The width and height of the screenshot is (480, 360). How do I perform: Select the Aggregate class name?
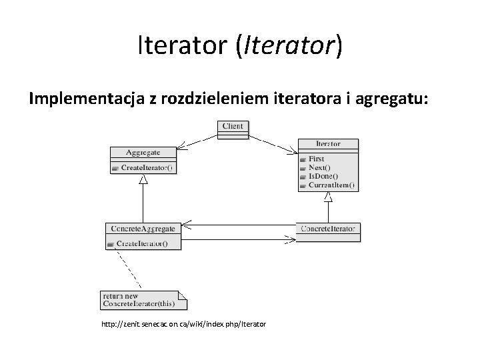click(141, 153)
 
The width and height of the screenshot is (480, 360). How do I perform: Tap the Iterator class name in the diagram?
click(328, 143)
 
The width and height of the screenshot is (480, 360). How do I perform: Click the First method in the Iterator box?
click(317, 159)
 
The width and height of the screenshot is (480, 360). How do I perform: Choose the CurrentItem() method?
click(332, 185)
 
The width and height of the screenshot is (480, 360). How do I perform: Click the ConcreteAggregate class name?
click(141, 228)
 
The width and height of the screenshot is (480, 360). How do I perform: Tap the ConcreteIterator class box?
click(328, 229)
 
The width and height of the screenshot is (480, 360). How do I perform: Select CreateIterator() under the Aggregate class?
click(145, 168)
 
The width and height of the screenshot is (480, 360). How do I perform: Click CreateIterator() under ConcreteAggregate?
click(142, 243)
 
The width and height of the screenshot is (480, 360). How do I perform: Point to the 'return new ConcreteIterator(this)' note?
click(140, 300)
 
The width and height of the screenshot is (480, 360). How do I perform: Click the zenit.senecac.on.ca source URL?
click(183, 324)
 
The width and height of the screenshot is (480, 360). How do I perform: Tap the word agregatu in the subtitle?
click(394, 100)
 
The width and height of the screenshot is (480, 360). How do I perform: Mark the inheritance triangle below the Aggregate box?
click(142, 186)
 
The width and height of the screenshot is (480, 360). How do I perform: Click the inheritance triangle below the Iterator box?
click(328, 196)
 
